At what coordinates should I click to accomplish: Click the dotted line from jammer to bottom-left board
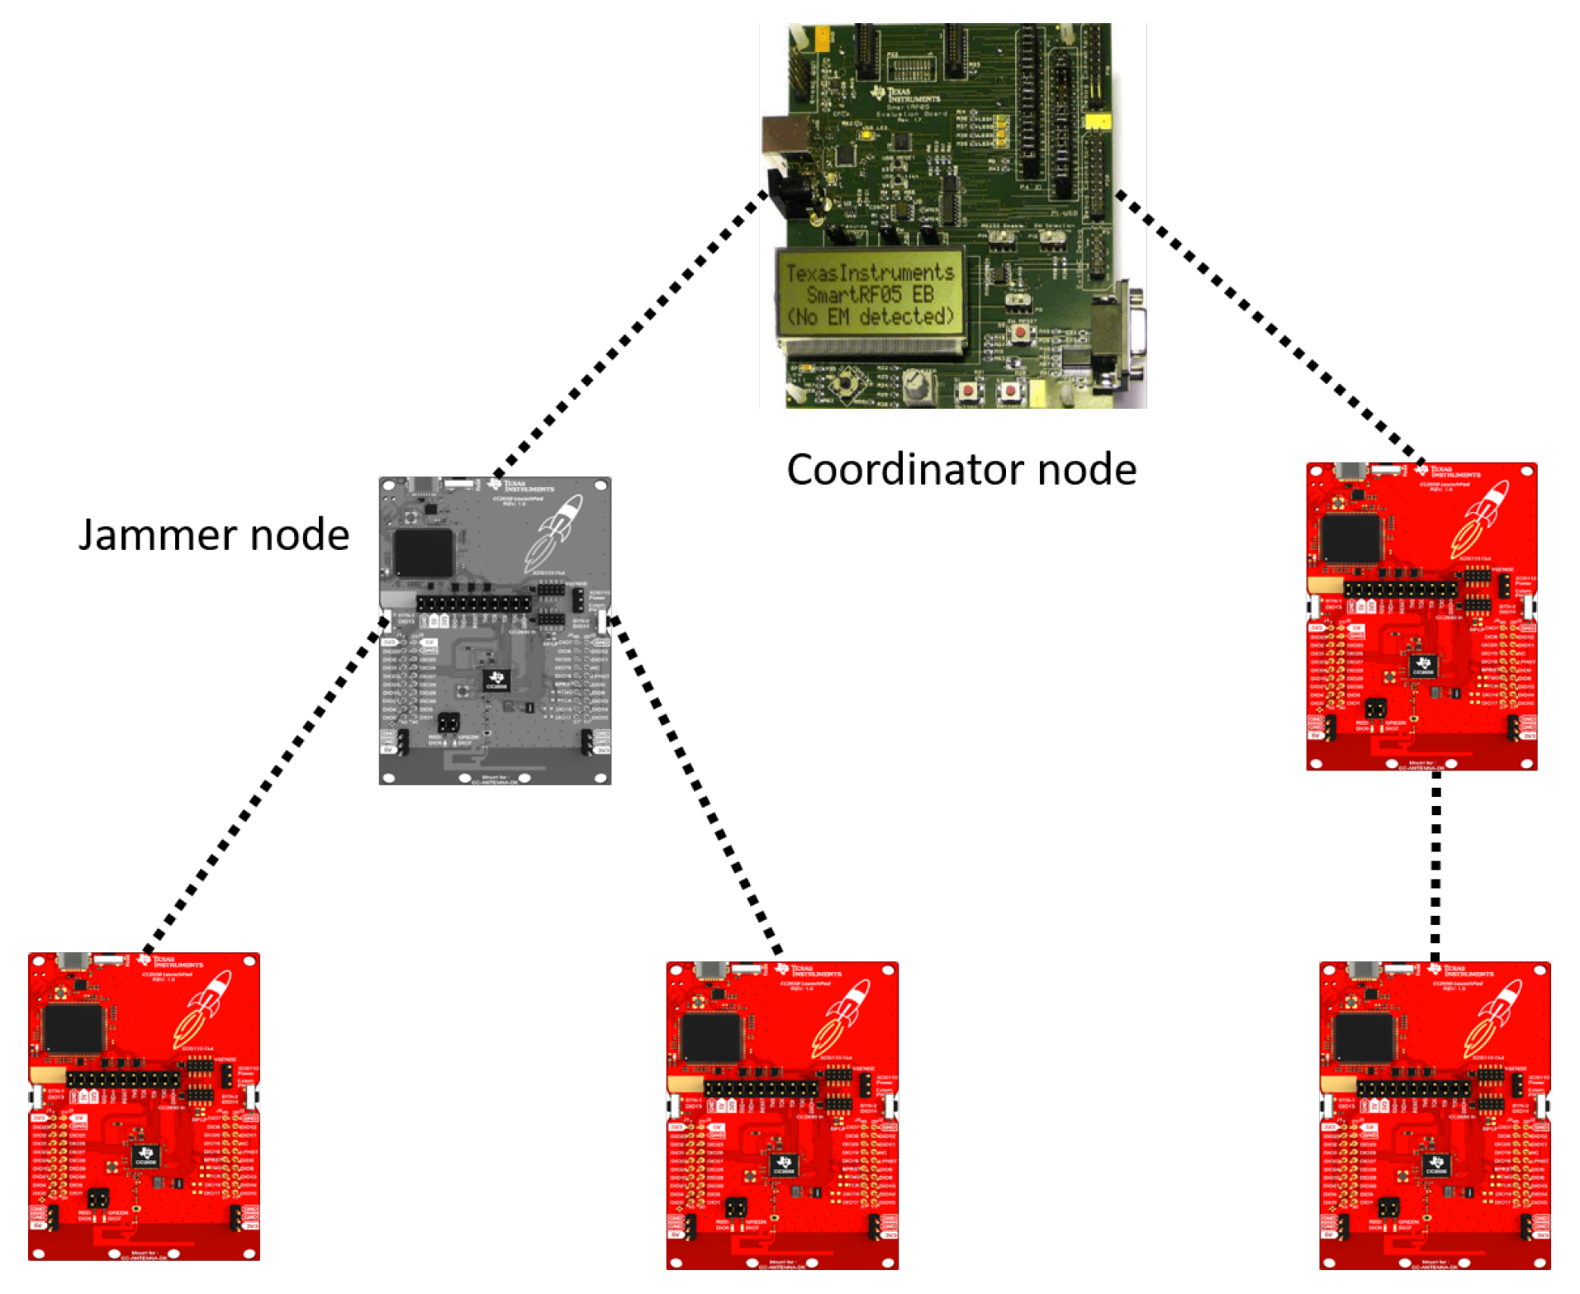click(264, 784)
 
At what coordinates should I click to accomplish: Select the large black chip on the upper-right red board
click(1351, 538)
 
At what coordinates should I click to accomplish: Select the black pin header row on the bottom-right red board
click(1413, 1089)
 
